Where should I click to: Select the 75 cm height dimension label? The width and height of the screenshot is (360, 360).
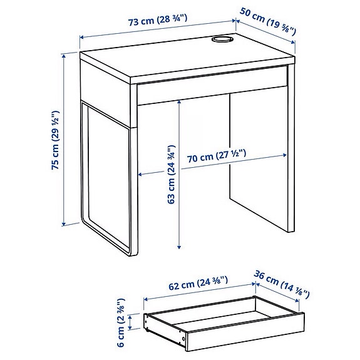click(56, 141)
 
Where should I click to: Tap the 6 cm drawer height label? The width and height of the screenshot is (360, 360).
click(121, 324)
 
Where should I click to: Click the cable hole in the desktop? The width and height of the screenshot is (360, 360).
click(220, 41)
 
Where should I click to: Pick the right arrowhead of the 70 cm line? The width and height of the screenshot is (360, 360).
click(289, 150)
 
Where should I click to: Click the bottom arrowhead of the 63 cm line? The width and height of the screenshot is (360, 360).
click(180, 245)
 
